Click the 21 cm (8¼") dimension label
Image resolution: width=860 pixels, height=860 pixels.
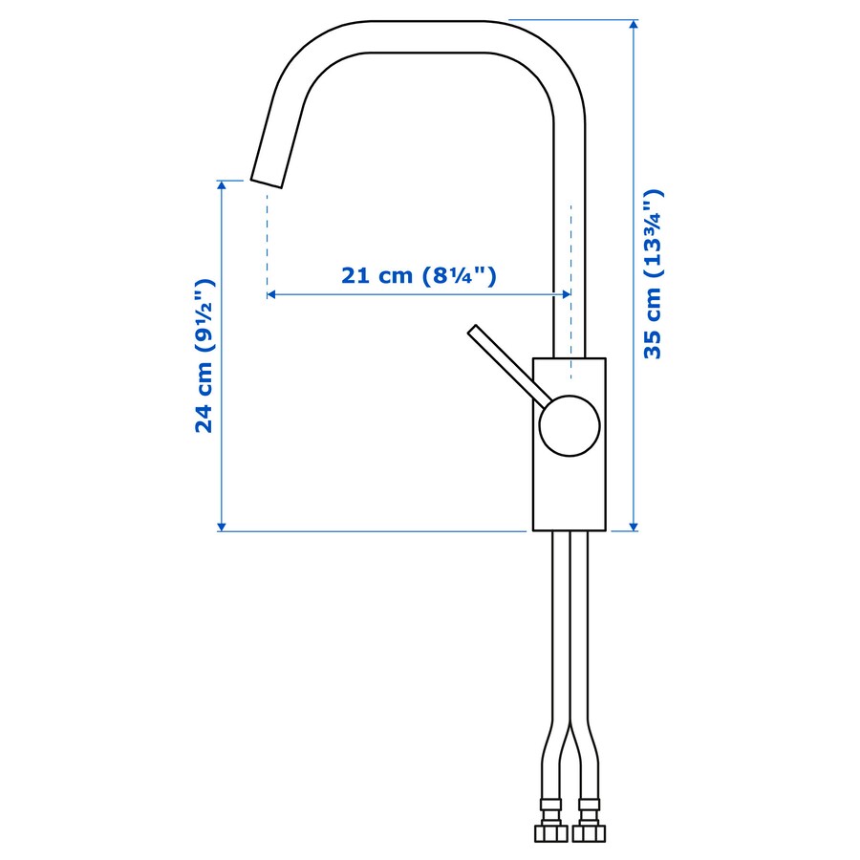click(x=419, y=276)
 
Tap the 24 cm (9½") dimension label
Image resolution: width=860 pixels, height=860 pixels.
click(x=204, y=355)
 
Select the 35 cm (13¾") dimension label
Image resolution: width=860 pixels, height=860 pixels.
click(x=654, y=274)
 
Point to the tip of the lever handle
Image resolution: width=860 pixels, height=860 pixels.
click(x=473, y=331)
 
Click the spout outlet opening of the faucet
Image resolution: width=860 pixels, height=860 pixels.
click(x=267, y=182)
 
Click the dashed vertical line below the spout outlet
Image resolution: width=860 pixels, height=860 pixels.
click(x=268, y=239)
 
